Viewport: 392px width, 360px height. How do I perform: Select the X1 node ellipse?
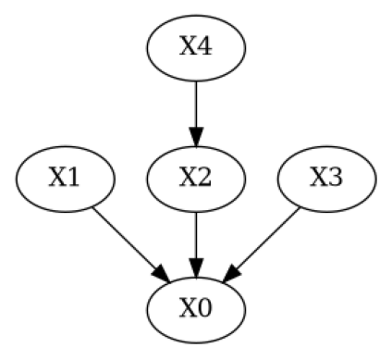[x=65, y=178]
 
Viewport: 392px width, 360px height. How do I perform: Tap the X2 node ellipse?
[x=196, y=178]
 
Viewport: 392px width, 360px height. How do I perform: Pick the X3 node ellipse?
[x=326, y=178]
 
